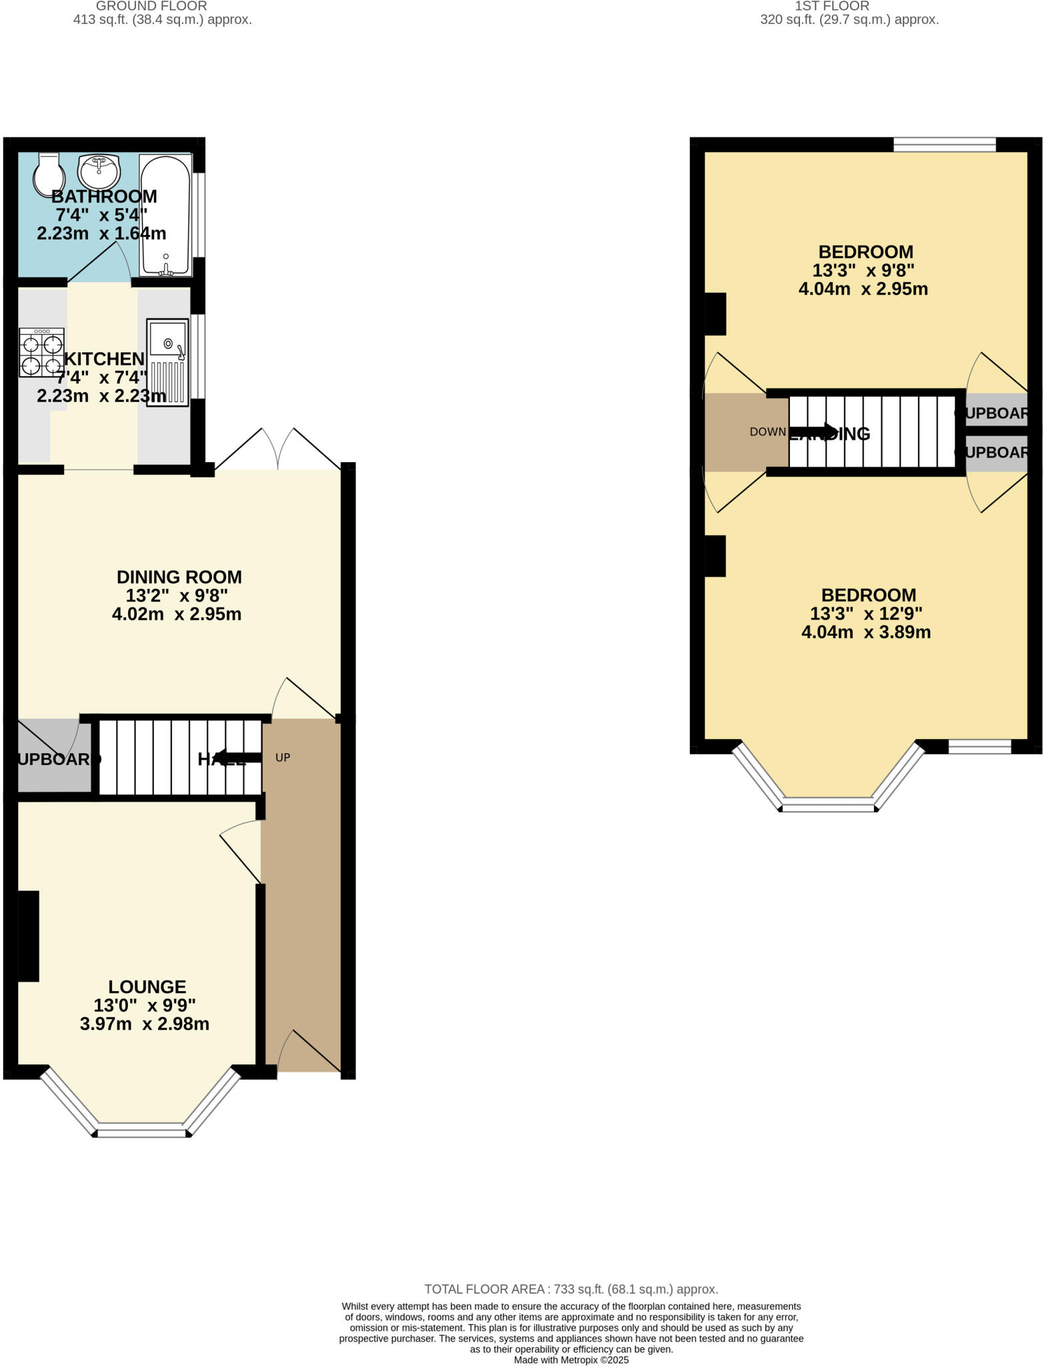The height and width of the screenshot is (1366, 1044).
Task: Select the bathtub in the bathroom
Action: [165, 215]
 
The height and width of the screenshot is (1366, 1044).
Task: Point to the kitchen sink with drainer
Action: [167, 362]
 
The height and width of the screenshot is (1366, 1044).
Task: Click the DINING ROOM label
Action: [179, 577]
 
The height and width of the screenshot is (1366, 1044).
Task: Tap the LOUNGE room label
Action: [147, 986]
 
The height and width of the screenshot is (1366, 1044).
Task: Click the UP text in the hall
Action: [283, 758]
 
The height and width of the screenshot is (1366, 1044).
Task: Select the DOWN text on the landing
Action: [767, 432]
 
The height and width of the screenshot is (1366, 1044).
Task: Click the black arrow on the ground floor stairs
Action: [238, 757]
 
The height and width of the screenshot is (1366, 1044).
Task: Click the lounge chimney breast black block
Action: [28, 936]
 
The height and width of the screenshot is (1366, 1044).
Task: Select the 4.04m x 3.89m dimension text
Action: [865, 632]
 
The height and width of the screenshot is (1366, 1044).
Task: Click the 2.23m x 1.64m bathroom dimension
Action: [101, 233]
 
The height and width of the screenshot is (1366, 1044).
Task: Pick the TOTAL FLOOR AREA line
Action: [571, 1289]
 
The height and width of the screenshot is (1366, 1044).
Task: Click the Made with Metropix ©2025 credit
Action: [571, 1360]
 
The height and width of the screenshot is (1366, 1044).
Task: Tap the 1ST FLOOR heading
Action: [831, 6]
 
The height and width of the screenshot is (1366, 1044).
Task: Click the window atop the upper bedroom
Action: [944, 144]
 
